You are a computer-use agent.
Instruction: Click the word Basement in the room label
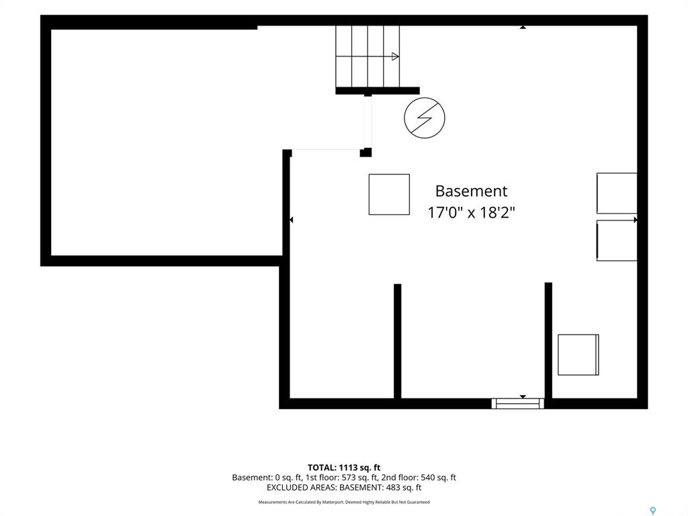pyautogui.click(x=471, y=191)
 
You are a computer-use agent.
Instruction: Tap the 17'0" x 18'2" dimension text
pyautogui.click(x=471, y=213)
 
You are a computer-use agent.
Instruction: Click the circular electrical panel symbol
pyautogui.click(x=425, y=118)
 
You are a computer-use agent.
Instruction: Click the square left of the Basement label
pyautogui.click(x=389, y=194)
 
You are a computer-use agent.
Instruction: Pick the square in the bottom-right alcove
pyautogui.click(x=578, y=355)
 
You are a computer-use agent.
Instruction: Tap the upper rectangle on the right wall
pyautogui.click(x=617, y=193)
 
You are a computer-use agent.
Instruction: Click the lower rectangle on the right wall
pyautogui.click(x=617, y=241)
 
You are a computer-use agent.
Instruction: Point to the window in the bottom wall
pyautogui.click(x=518, y=403)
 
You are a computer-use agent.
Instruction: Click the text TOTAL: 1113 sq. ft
pyautogui.click(x=344, y=468)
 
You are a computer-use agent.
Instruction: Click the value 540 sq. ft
pyautogui.click(x=438, y=478)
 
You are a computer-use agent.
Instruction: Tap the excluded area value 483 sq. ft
pyautogui.click(x=403, y=488)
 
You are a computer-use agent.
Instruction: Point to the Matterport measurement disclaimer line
pyautogui.click(x=344, y=502)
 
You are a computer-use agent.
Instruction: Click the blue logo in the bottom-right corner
pyautogui.click(x=653, y=511)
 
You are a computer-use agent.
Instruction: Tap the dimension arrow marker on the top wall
pyautogui.click(x=523, y=27)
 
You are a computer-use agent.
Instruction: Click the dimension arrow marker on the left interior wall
pyautogui.click(x=292, y=220)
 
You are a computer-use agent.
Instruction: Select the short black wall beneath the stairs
pyautogui.click(x=378, y=91)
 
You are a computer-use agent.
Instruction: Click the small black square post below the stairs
pyautogui.click(x=366, y=153)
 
